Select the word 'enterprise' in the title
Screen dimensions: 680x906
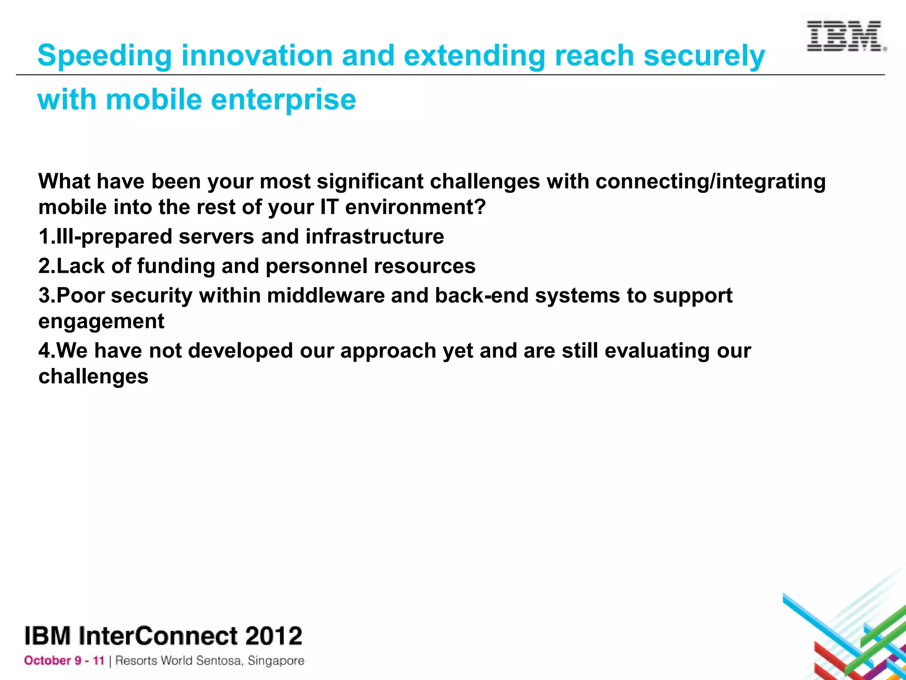click(283, 100)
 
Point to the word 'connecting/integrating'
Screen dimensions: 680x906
click(710, 182)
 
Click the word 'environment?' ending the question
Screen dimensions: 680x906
click(415, 207)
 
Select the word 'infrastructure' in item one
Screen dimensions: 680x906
click(374, 236)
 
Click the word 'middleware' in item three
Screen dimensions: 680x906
click(326, 296)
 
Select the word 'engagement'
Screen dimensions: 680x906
click(101, 322)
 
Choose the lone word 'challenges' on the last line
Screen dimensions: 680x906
click(93, 377)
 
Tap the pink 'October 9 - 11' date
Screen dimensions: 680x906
click(64, 661)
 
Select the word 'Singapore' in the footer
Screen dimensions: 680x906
click(276, 661)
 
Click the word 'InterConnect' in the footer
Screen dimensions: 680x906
click(158, 636)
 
